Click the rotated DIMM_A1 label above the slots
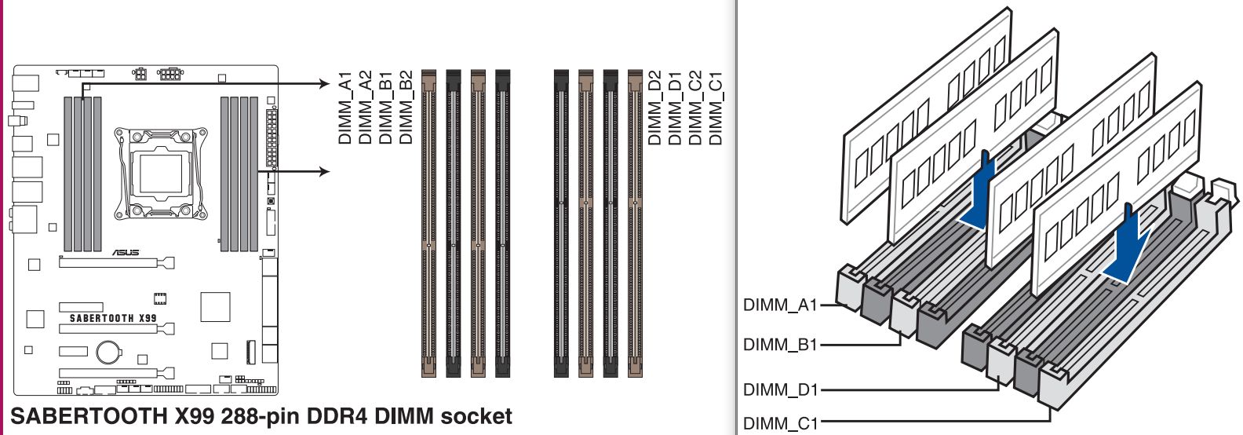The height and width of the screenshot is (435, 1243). (x=344, y=108)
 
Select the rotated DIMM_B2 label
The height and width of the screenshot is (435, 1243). (x=406, y=108)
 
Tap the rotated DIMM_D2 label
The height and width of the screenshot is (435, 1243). (x=654, y=108)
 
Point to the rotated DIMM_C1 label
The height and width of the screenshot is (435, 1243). (x=716, y=108)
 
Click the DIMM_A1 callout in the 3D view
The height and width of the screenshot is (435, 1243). (x=780, y=305)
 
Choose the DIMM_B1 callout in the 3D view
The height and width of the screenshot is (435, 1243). (x=780, y=345)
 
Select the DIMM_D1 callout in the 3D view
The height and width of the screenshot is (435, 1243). (x=781, y=390)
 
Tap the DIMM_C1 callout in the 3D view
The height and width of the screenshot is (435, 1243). (x=781, y=424)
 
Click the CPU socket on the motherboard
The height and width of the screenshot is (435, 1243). (x=161, y=173)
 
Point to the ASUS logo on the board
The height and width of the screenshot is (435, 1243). (x=126, y=253)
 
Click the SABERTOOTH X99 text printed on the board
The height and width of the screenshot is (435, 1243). (x=113, y=318)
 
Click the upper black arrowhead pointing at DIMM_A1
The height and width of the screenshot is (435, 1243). (x=325, y=84)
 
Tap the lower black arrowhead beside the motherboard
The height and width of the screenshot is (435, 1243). (x=325, y=171)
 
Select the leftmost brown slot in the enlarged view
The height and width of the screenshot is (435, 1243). (x=429, y=223)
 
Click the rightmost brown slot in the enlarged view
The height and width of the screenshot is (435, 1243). (x=635, y=223)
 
